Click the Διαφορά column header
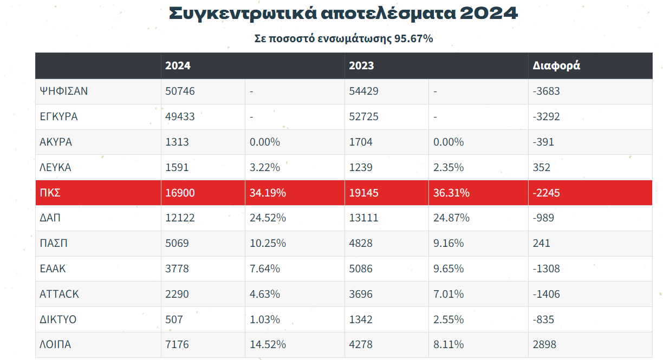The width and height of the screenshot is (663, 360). click(x=556, y=66)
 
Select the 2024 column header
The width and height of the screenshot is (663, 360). click(x=178, y=66)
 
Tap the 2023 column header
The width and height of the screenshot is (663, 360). click(x=361, y=66)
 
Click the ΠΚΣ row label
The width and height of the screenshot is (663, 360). click(x=50, y=193)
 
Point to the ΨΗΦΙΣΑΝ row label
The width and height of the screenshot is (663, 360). click(x=64, y=91)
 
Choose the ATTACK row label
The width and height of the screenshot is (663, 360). click(x=59, y=294)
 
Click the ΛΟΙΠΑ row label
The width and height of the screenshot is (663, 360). click(x=55, y=344)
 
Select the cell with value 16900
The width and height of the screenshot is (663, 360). click(x=180, y=193)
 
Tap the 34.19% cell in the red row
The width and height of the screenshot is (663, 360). click(x=268, y=193)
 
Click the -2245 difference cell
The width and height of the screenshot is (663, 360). click(x=547, y=193)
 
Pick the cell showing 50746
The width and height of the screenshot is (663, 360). click(x=180, y=91)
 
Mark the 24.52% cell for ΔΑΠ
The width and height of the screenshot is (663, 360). click(x=268, y=218)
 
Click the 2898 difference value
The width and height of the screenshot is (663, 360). click(x=544, y=344)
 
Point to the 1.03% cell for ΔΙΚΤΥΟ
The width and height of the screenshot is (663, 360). click(x=265, y=319)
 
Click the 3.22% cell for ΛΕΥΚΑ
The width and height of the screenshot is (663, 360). click(x=265, y=167)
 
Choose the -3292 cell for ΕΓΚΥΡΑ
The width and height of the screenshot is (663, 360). click(x=547, y=116)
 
